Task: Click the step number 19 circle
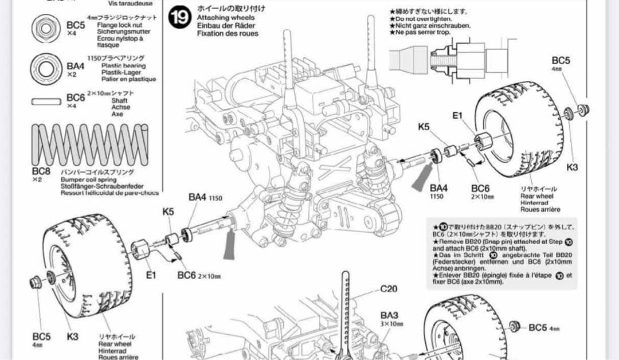click(179, 18)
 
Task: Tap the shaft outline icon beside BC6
click(46, 101)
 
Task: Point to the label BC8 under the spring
click(41, 171)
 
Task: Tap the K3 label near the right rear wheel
click(572, 167)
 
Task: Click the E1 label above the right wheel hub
click(457, 115)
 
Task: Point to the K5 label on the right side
click(424, 126)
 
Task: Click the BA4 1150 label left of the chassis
click(202, 197)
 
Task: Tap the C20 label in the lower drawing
click(389, 289)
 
